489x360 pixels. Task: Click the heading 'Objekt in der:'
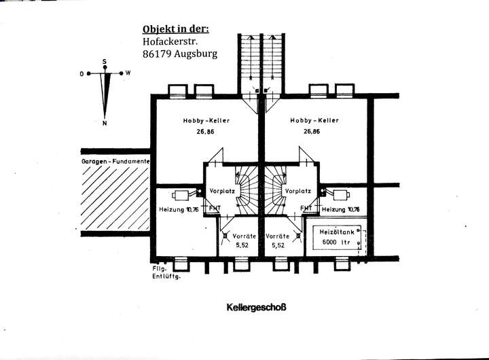tap(176, 29)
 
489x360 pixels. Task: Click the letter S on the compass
tap(105, 62)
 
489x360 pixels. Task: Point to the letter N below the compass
tap(105, 123)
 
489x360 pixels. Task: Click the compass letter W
tap(128, 73)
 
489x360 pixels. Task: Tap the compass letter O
tap(81, 73)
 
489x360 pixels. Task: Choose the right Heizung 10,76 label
tap(341, 209)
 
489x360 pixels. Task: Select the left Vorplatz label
tap(223, 192)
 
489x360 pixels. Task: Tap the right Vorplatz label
tap(298, 192)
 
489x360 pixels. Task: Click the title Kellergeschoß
tap(257, 307)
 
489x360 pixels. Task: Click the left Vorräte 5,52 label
tap(243, 240)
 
